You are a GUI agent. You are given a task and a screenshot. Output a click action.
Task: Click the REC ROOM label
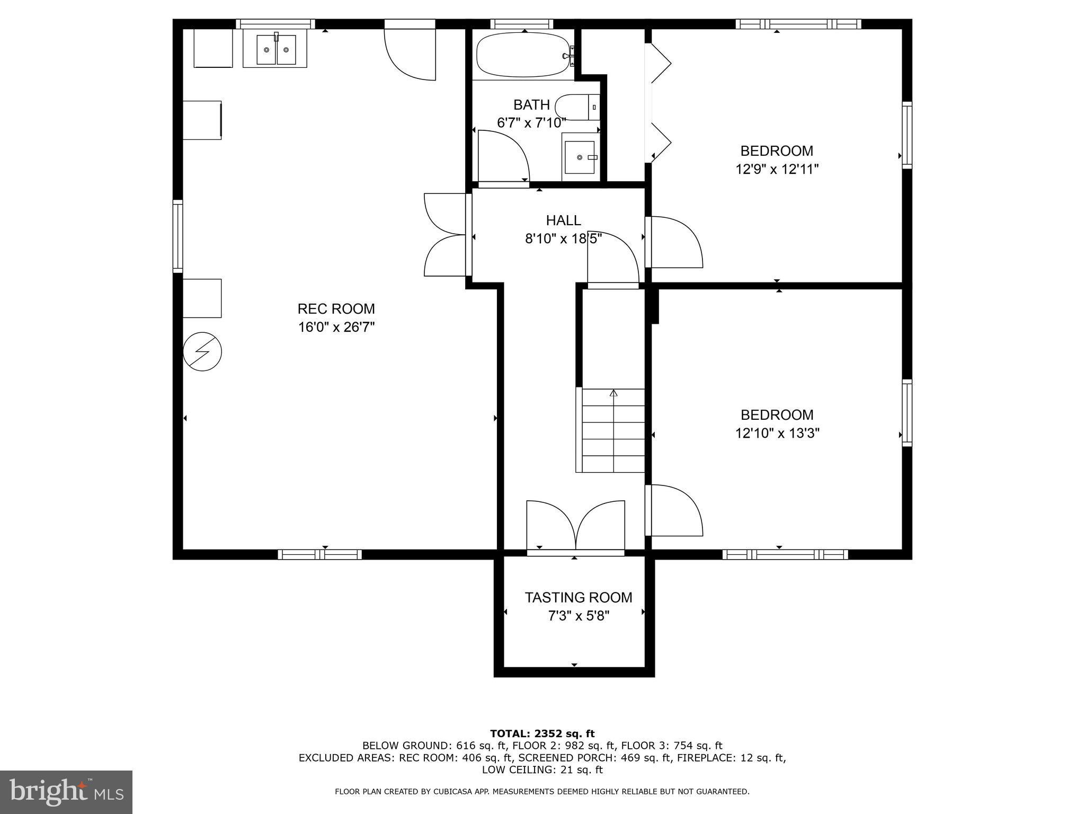pyautogui.click(x=336, y=308)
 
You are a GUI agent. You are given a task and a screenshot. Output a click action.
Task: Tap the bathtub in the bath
pyautogui.click(x=523, y=56)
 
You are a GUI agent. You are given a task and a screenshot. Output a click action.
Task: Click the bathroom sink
pyautogui.click(x=580, y=157)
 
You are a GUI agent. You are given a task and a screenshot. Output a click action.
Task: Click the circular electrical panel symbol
pyautogui.click(x=202, y=351)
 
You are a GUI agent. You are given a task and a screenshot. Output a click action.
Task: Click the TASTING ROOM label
pyautogui.click(x=579, y=597)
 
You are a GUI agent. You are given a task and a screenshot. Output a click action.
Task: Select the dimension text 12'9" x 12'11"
pyautogui.click(x=777, y=170)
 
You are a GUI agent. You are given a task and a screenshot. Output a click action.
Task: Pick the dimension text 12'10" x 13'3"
pyautogui.click(x=777, y=433)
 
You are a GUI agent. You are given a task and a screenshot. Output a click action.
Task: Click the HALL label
pyautogui.click(x=563, y=220)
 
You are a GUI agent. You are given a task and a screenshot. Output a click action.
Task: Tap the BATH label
pyautogui.click(x=531, y=104)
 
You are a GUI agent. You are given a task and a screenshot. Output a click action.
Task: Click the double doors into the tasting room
pyautogui.click(x=575, y=527)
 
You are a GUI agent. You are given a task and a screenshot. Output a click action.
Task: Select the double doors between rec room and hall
pyautogui.click(x=447, y=235)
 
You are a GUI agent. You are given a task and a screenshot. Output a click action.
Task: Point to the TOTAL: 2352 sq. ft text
pyautogui.click(x=542, y=733)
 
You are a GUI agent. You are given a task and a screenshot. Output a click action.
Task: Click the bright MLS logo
pyautogui.click(x=66, y=792)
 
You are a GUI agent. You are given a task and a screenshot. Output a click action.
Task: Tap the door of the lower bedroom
pyautogui.click(x=674, y=510)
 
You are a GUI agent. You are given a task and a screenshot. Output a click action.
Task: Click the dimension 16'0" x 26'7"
pyautogui.click(x=336, y=328)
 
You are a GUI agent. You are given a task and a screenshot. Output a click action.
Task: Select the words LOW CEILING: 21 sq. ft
pyautogui.click(x=542, y=769)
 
